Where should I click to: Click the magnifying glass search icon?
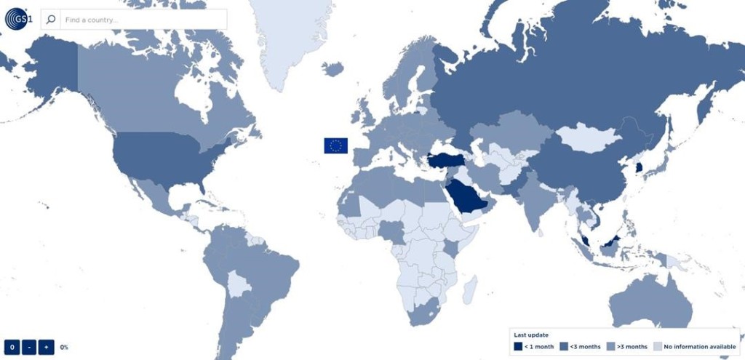point(51,20)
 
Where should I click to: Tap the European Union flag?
point(335,145)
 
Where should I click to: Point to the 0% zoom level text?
point(64,348)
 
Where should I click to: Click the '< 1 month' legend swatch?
point(518,346)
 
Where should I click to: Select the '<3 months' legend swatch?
point(564,346)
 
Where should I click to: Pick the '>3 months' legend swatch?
point(610,346)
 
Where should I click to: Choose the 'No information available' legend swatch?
point(658,346)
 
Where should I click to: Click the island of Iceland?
point(332,68)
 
